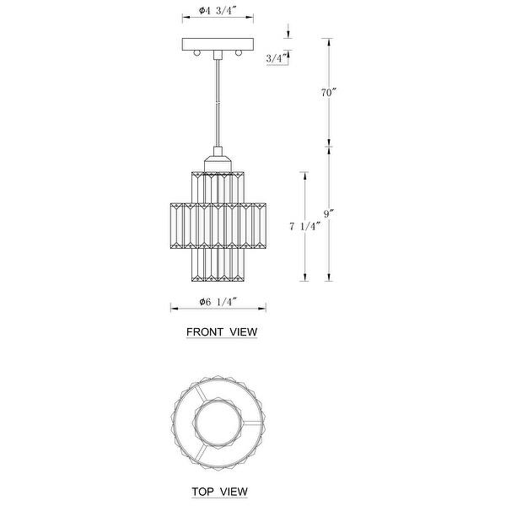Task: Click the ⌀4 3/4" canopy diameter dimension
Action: (x=218, y=11)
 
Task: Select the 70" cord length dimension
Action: (x=329, y=93)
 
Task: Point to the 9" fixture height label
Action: (x=329, y=213)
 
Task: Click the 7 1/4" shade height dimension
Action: (x=305, y=227)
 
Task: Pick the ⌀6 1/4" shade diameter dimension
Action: (x=218, y=302)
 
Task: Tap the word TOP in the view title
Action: (x=202, y=492)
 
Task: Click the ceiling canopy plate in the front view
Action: (x=218, y=44)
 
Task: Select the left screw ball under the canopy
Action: (x=196, y=53)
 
